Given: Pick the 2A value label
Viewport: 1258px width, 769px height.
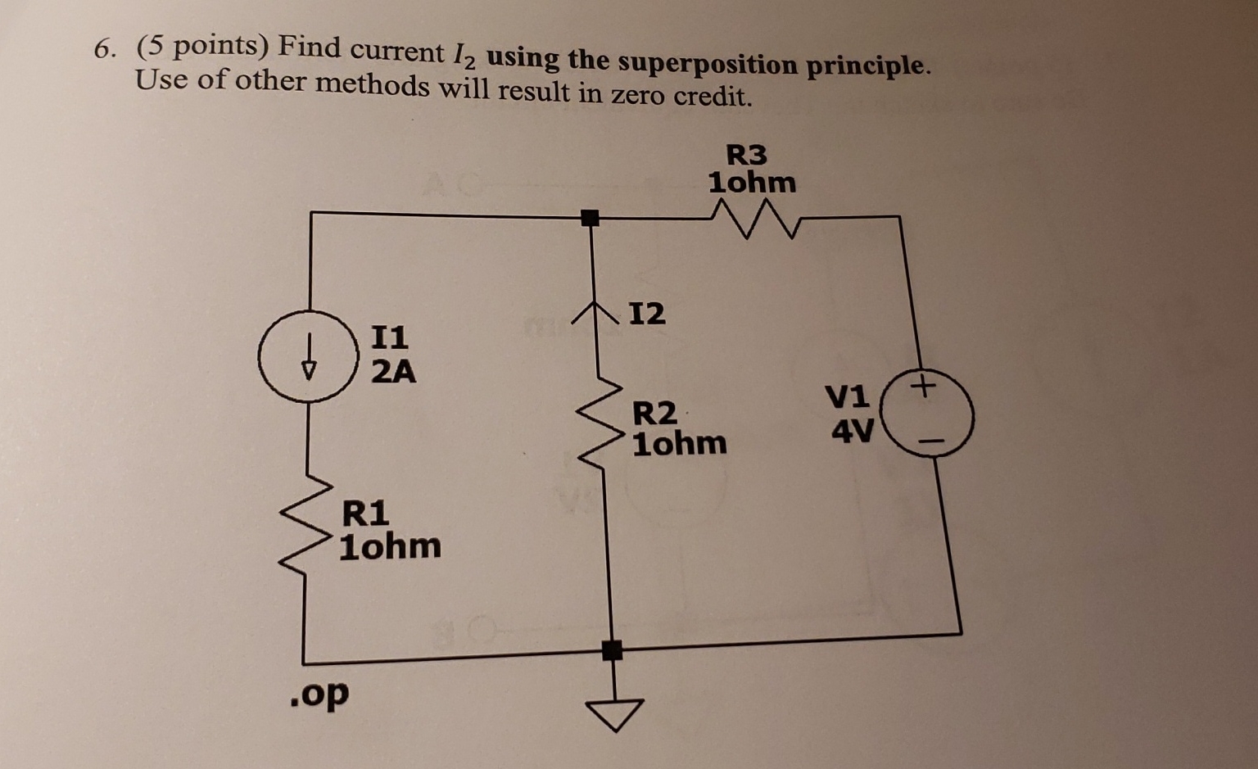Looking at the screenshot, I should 393,372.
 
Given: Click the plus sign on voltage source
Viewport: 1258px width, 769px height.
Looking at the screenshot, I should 923,385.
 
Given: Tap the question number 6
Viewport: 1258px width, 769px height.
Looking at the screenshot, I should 103,50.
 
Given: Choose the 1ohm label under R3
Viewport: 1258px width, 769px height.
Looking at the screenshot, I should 752,183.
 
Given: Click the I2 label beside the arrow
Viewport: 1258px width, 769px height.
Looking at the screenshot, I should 647,313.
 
